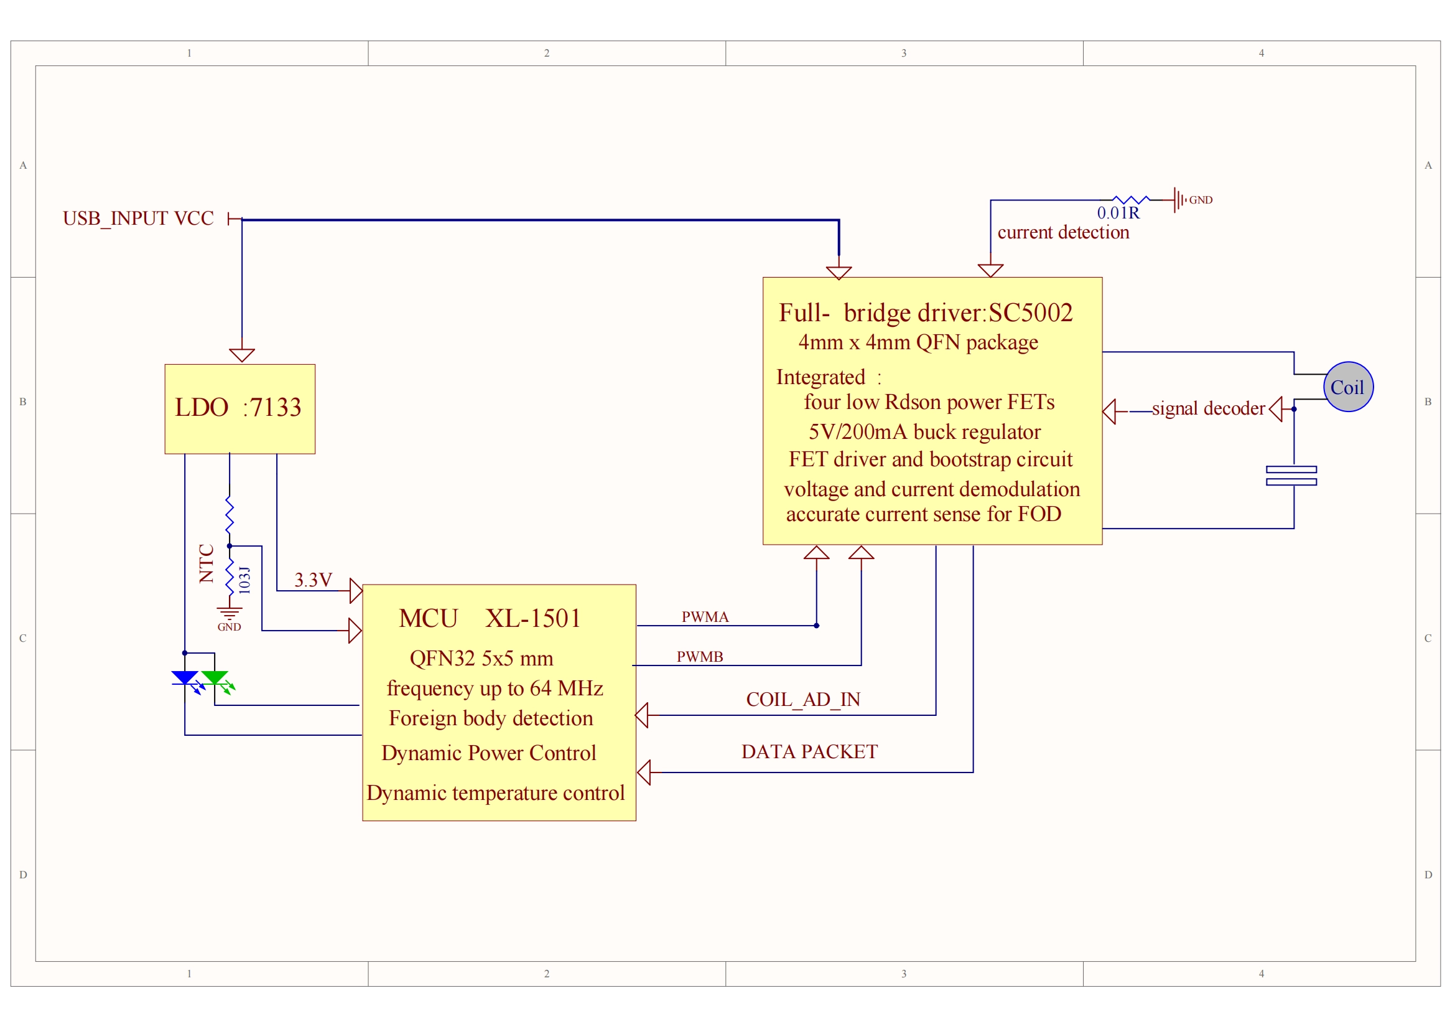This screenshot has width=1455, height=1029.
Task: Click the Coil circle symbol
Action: pyautogui.click(x=1348, y=387)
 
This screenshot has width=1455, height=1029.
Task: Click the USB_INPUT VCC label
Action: pyautogui.click(x=138, y=218)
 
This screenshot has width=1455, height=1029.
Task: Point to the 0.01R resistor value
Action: pyautogui.click(x=1118, y=213)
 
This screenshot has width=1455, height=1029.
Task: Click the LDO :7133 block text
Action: pyautogui.click(x=238, y=407)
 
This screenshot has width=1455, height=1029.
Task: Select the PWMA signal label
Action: pyautogui.click(x=705, y=617)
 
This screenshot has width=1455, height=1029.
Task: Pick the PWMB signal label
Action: pyautogui.click(x=700, y=657)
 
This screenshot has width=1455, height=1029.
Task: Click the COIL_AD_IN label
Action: pyautogui.click(x=803, y=699)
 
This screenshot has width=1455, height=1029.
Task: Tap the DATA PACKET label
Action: pyautogui.click(x=809, y=751)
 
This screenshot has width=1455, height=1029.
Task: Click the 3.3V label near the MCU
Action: pyautogui.click(x=313, y=580)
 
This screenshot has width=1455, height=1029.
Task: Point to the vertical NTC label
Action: pyautogui.click(x=207, y=563)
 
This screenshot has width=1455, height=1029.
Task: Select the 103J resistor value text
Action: pyautogui.click(x=244, y=580)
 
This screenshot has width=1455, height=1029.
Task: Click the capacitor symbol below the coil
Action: pyautogui.click(x=1291, y=476)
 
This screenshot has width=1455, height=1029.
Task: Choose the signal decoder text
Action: pyautogui.click(x=1209, y=408)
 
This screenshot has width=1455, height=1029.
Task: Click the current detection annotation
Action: pyautogui.click(x=1063, y=232)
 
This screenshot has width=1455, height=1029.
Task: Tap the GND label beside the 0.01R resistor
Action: pyautogui.click(x=1201, y=200)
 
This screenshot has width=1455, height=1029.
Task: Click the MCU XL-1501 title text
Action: pyautogui.click(x=490, y=618)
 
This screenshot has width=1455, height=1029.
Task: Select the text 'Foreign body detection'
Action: pyautogui.click(x=491, y=718)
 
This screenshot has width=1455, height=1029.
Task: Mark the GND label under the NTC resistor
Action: pyautogui.click(x=229, y=627)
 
